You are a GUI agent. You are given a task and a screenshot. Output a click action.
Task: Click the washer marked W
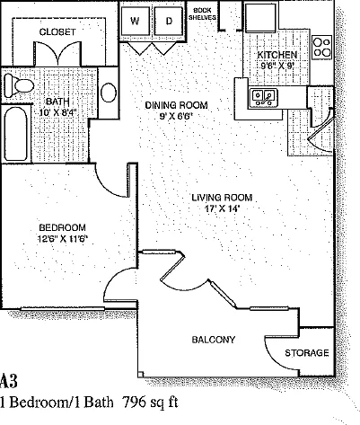pyautogui.click(x=135, y=21)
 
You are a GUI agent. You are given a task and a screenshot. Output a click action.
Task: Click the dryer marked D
pyautogui.click(x=169, y=21)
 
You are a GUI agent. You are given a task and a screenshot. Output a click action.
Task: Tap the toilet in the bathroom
pyautogui.click(x=19, y=85)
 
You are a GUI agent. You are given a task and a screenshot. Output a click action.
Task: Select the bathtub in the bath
pyautogui.click(x=16, y=134)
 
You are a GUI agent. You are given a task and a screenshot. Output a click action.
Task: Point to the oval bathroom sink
pyautogui.click(x=109, y=93)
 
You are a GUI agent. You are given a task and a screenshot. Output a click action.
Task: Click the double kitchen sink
pyautogui.click(x=263, y=98)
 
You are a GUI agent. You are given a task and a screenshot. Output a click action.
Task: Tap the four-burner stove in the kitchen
pyautogui.click(x=322, y=47)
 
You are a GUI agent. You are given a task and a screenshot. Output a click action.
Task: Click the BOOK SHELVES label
pyautogui.click(x=202, y=14)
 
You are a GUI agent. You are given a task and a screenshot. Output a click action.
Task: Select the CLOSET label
pyautogui.click(x=57, y=31)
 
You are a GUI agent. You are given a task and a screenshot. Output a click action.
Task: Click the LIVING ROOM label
pyautogui.click(x=222, y=198)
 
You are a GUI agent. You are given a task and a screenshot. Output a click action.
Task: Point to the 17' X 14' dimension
pyautogui.click(x=223, y=208)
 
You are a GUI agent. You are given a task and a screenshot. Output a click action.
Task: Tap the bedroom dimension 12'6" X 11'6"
pyautogui.click(x=63, y=239)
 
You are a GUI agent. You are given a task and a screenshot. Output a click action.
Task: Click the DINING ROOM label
pyautogui.click(x=176, y=105)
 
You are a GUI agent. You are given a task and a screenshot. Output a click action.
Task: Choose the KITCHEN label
pyautogui.click(x=277, y=55)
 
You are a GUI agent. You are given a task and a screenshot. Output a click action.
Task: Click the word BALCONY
pyautogui.click(x=214, y=340)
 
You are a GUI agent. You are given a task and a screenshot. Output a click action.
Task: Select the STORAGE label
pyautogui.click(x=307, y=353)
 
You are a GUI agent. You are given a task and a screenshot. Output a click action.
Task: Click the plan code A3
pyautogui.click(x=8, y=381)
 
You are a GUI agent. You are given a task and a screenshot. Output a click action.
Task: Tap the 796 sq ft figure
pyautogui.click(x=151, y=402)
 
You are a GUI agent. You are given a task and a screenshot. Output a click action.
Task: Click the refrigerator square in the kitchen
pyautogui.click(x=260, y=17)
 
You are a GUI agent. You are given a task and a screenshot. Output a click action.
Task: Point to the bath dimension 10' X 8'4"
pyautogui.click(x=58, y=113)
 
